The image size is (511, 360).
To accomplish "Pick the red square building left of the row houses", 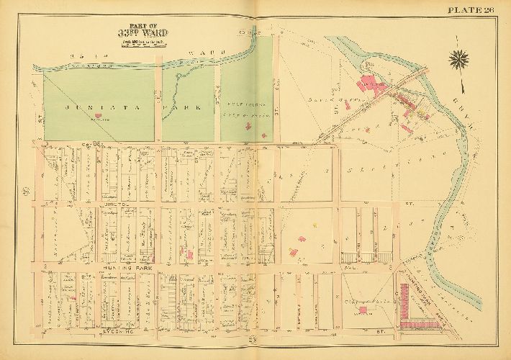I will click(x=362, y=310).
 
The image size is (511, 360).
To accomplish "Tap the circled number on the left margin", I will click(x=26, y=191).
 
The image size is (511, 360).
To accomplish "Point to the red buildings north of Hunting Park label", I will click(x=190, y=254).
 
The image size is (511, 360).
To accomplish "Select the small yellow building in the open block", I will click(x=293, y=251).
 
